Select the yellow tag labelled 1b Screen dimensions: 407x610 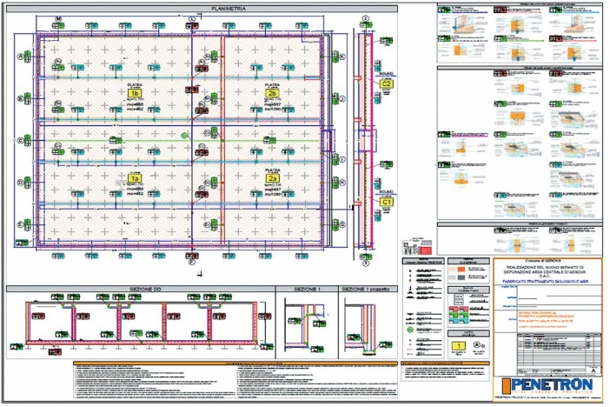(133, 93)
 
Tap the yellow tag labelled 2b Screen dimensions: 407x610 (272, 93)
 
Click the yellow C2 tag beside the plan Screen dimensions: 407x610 (388, 83)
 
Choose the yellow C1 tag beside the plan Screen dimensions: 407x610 (388, 201)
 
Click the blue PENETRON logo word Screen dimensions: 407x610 (551, 384)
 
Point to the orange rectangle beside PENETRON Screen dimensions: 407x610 (503, 384)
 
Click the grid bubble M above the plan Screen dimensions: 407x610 (58, 18)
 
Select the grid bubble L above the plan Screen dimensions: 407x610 (191, 18)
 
